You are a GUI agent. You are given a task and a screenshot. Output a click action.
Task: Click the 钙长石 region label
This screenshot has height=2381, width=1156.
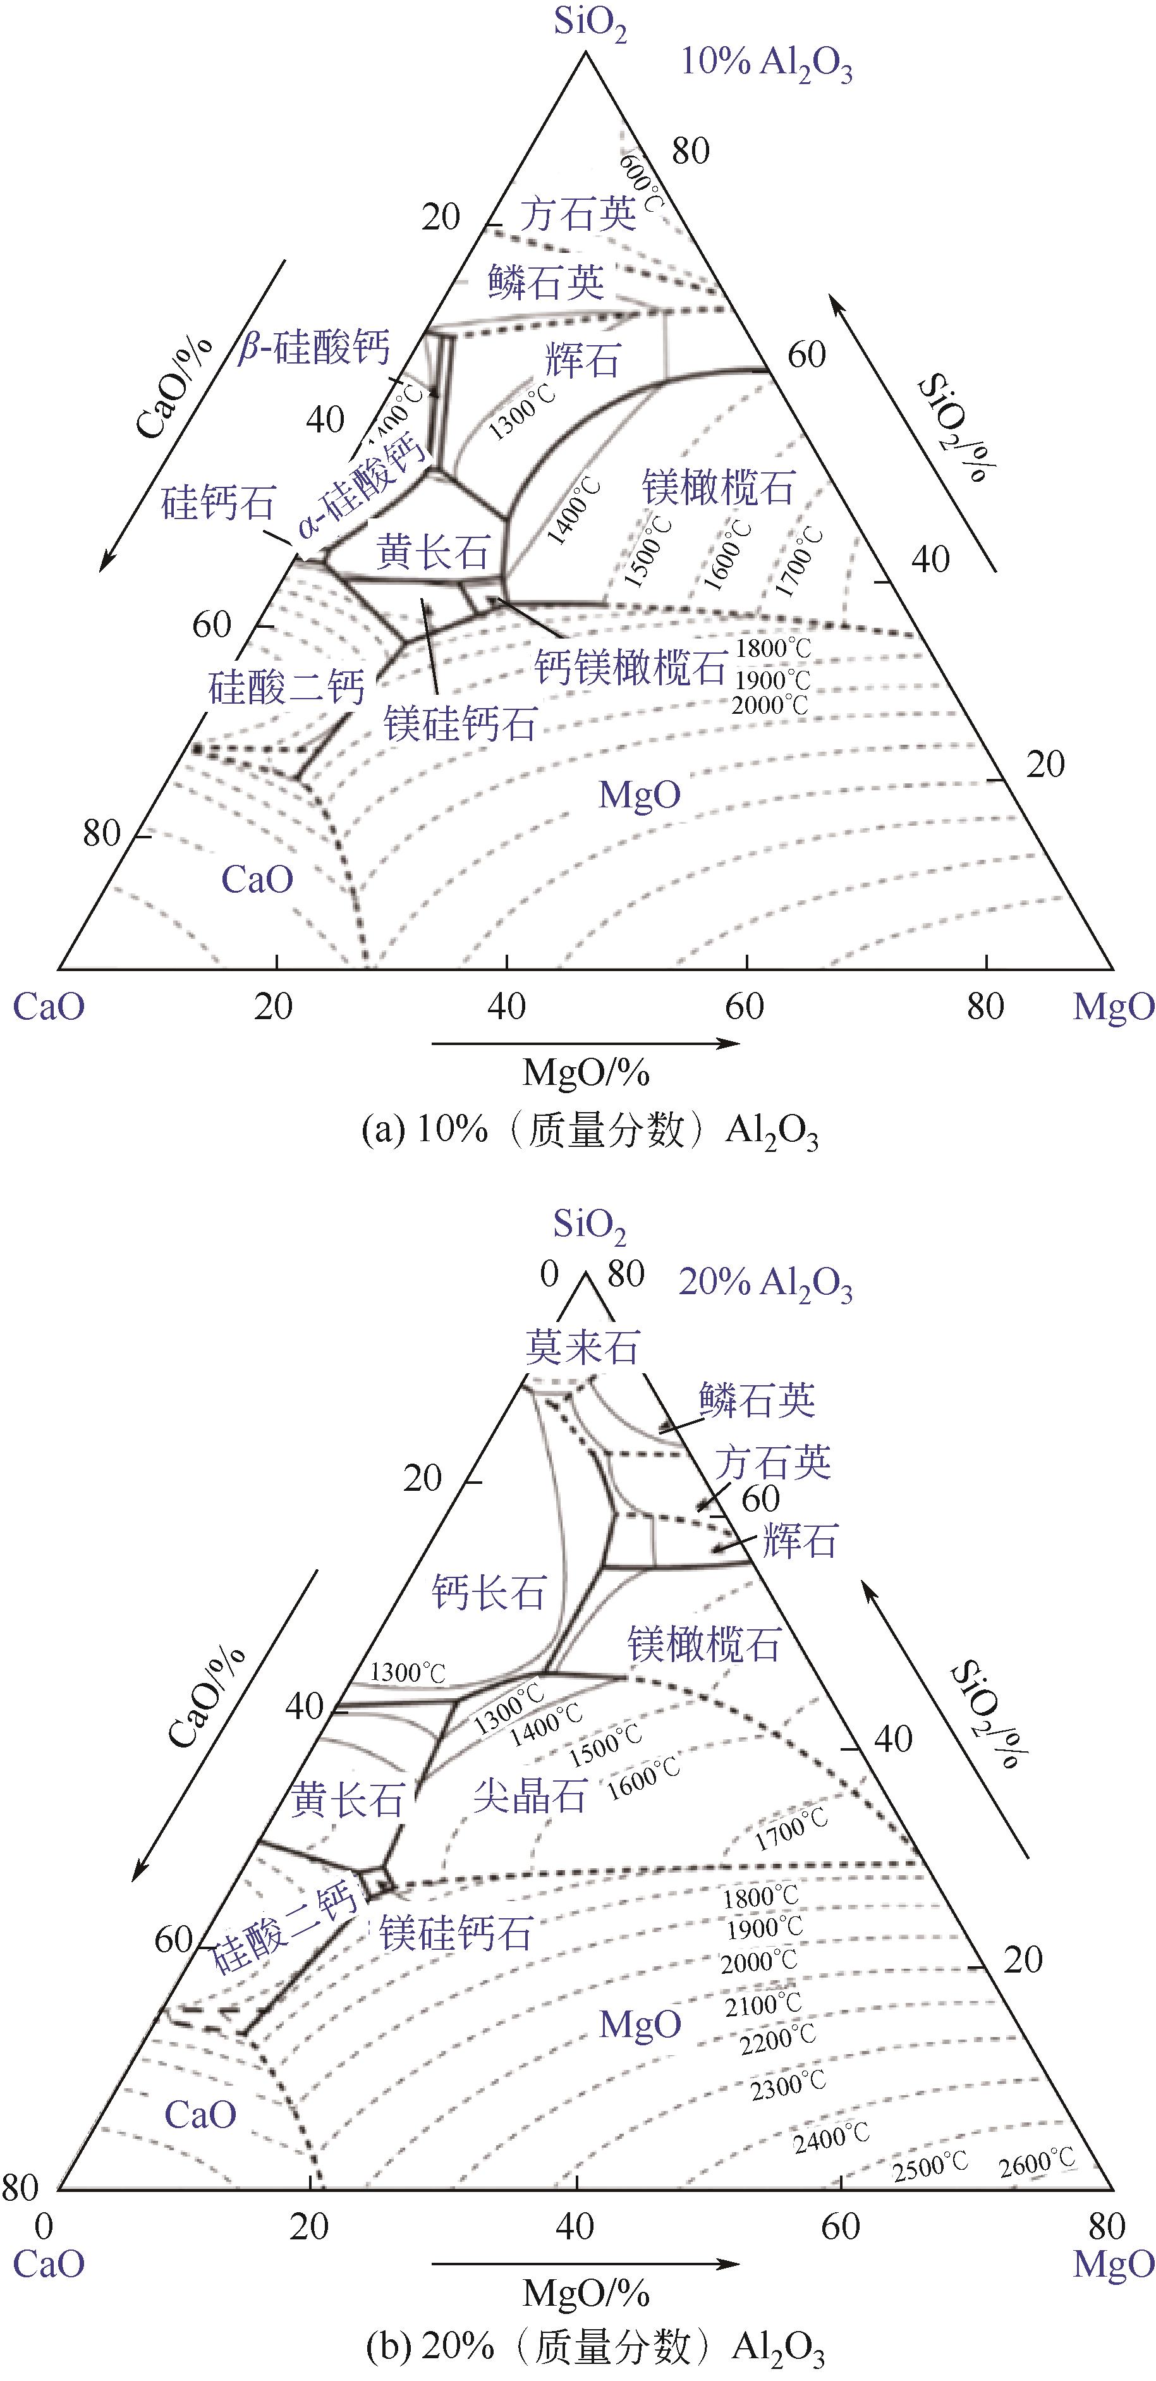(489, 1593)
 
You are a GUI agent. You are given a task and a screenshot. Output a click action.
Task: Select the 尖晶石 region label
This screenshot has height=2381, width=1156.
(530, 1796)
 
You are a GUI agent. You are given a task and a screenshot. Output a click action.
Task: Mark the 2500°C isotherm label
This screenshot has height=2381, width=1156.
(930, 2165)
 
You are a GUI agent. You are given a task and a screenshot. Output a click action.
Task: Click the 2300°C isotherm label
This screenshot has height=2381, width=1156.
(788, 2085)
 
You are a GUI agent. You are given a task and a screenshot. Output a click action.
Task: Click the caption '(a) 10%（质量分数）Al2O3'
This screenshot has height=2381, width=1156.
(590, 1131)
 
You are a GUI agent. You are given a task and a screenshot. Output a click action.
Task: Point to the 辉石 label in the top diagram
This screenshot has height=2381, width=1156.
(582, 360)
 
